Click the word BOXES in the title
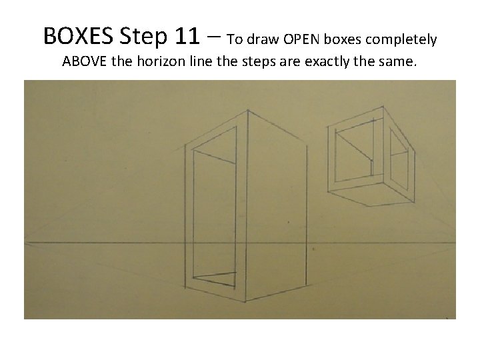coord(78,36)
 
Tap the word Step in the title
coord(143,37)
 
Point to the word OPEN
coord(301,39)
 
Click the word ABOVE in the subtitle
coord(84,61)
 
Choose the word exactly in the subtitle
coord(327,62)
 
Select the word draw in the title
coord(263,39)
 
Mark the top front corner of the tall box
coord(247,111)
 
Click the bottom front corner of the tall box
coord(245,301)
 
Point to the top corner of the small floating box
coord(383,107)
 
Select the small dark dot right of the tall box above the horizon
coord(289,222)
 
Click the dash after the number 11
coord(214,36)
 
